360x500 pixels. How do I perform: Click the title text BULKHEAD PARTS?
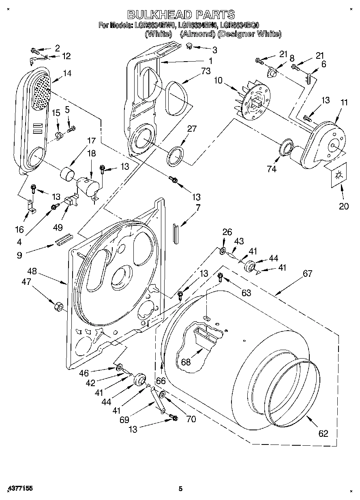click(181, 15)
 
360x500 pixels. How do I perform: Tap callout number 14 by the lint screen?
click(66, 73)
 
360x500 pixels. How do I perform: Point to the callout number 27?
click(191, 129)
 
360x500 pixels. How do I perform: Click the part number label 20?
click(343, 206)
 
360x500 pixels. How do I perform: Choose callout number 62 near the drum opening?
click(323, 433)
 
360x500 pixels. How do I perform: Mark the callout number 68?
click(186, 362)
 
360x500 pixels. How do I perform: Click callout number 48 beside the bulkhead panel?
click(32, 271)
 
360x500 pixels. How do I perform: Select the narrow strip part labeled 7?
click(175, 233)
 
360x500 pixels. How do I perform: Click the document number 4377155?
click(20, 489)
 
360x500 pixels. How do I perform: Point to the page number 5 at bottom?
click(181, 489)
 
